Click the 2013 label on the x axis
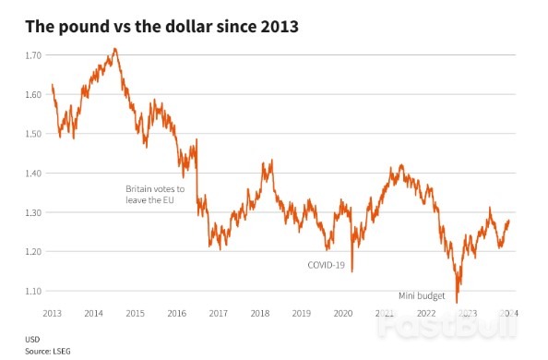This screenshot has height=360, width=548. point(53,314)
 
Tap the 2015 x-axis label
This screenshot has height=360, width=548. point(136,314)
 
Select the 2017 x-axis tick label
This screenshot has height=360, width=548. point(219,314)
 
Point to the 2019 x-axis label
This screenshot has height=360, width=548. point(302,314)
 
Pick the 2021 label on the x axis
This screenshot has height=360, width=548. point(385,314)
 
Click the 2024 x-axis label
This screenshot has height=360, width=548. point(508,314)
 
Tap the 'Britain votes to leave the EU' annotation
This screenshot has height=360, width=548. point(155,194)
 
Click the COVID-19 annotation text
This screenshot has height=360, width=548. point(326,265)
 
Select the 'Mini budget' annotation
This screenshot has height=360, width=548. point(422,295)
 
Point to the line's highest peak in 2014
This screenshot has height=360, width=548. point(114,49)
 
